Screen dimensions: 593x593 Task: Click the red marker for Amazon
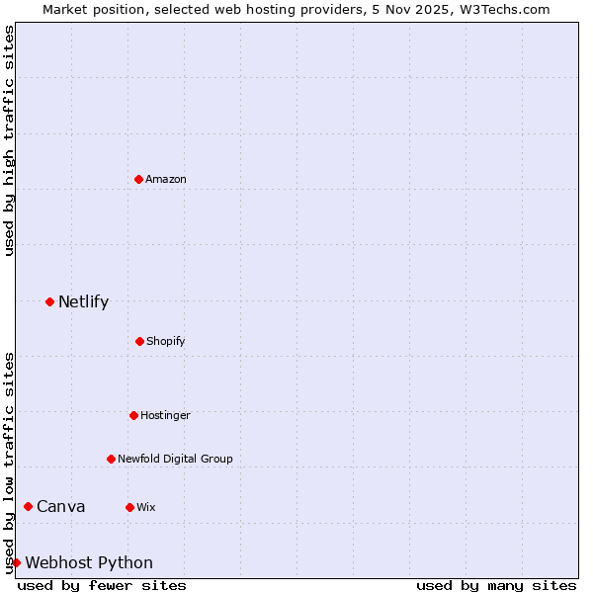click(138, 179)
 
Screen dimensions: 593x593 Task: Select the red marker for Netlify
click(49, 301)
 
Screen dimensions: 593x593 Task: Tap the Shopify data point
click(139, 341)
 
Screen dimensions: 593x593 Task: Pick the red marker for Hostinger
click(133, 415)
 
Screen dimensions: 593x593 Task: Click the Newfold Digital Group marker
click(111, 459)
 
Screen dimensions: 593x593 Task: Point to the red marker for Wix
click(129, 507)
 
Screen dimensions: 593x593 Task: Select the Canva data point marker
click(28, 506)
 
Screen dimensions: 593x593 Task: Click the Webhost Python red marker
click(16, 562)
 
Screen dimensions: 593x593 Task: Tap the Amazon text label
click(166, 180)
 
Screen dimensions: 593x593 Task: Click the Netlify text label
click(83, 302)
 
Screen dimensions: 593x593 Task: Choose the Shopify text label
click(166, 342)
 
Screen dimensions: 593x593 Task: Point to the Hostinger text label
click(165, 416)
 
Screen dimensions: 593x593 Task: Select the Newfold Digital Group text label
click(175, 460)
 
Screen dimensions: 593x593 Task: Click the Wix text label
click(146, 508)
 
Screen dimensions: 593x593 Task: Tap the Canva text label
click(60, 507)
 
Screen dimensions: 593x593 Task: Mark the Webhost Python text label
click(89, 563)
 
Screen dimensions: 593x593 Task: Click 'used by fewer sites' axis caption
click(102, 585)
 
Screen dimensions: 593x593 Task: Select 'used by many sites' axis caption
click(496, 585)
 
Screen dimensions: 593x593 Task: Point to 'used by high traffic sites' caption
click(9, 140)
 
